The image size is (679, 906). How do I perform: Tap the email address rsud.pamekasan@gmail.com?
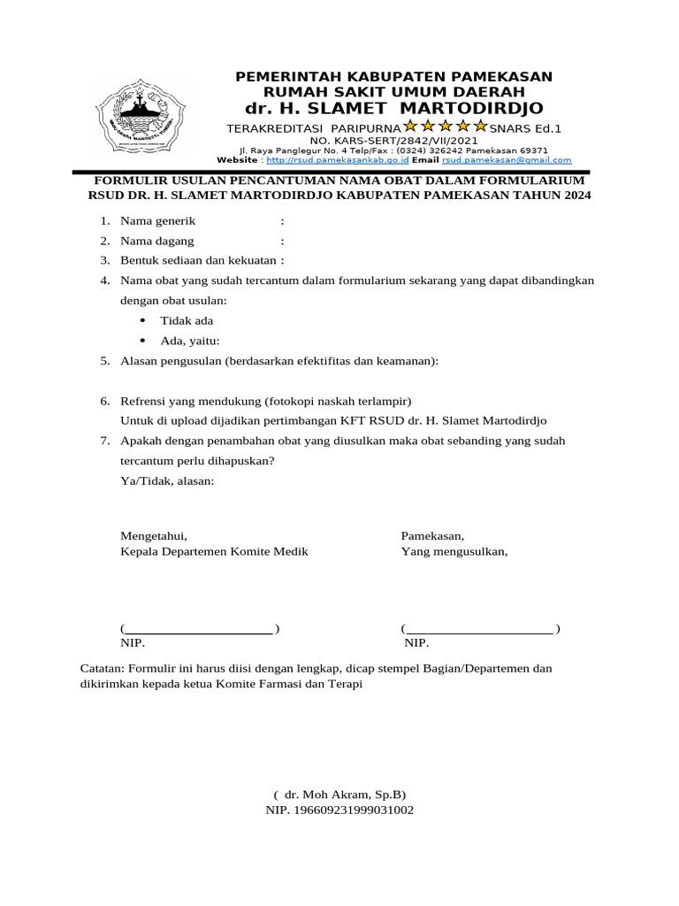click(x=507, y=160)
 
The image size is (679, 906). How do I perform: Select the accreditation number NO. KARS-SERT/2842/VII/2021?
click(x=393, y=140)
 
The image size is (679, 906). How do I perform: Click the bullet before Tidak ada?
click(x=142, y=320)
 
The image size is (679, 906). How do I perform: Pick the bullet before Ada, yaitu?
click(x=142, y=341)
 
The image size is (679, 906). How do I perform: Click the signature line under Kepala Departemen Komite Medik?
click(x=198, y=629)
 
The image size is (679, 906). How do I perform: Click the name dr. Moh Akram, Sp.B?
click(x=339, y=794)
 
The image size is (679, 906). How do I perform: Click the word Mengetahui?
click(x=153, y=535)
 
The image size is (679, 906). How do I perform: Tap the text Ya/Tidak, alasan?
click(x=167, y=480)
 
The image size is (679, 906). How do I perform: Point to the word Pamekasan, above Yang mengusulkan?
click(x=432, y=535)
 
